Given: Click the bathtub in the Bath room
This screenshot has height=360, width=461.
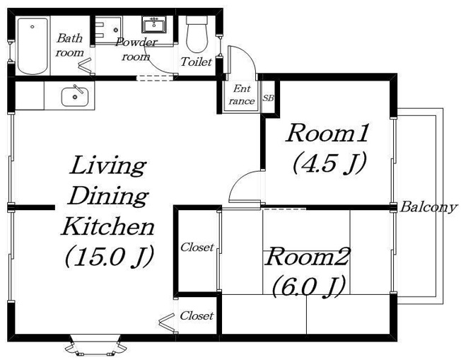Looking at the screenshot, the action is [33, 45].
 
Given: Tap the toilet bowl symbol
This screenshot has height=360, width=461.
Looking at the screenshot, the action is [197, 34].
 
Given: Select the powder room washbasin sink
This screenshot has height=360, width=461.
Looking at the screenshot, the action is [154, 24].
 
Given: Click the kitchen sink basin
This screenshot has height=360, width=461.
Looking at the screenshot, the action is [75, 96].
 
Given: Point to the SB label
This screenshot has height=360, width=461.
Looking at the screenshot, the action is [269, 98].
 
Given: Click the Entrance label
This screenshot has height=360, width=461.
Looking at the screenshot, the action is [242, 95].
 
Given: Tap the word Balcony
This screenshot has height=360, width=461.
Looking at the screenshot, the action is [428, 207].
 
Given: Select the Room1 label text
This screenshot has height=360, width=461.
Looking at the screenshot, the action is [327, 134].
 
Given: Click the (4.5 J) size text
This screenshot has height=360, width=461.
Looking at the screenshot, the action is [329, 163].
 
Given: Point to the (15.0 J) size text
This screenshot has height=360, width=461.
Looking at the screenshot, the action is [109, 256].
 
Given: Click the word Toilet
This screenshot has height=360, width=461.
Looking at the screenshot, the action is [196, 62].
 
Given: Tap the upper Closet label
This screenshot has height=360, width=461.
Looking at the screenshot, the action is [197, 248].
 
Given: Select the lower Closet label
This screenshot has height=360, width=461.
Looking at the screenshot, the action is [197, 316].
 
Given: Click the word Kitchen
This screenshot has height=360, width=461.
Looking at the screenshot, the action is [107, 226].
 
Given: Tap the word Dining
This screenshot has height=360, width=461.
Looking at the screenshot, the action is [107, 196].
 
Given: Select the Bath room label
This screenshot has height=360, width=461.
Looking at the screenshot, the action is [70, 45].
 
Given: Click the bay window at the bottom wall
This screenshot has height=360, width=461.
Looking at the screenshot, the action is [95, 344].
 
